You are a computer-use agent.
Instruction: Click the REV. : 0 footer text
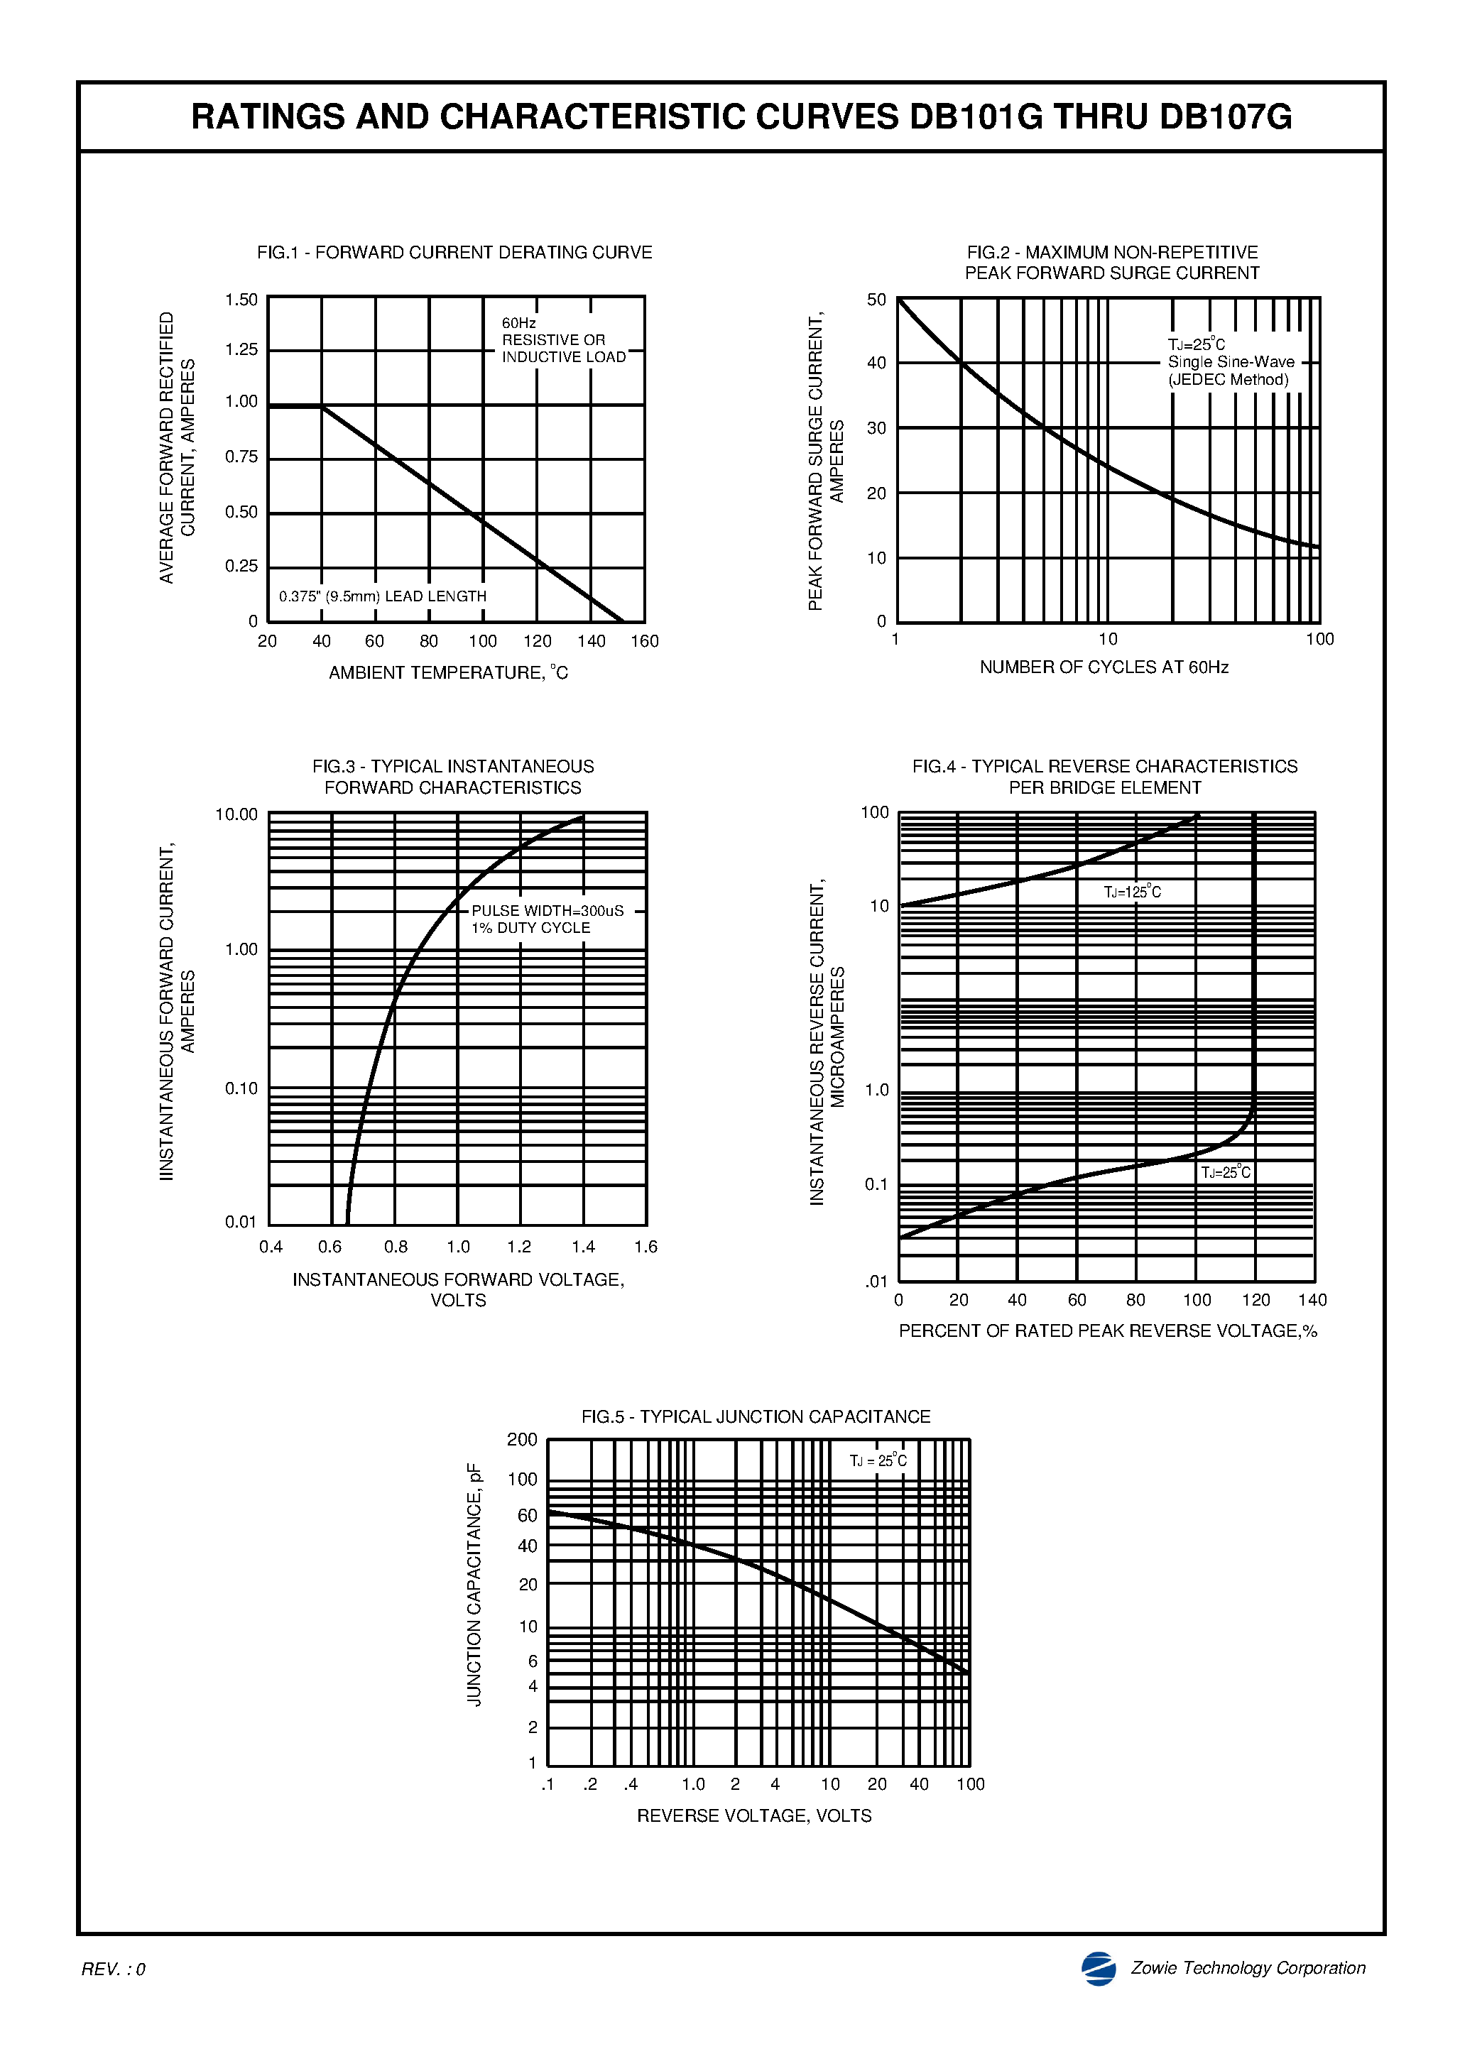(x=113, y=1969)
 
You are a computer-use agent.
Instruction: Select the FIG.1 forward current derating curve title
(x=454, y=253)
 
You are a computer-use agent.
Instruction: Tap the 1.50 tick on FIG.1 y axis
(x=241, y=300)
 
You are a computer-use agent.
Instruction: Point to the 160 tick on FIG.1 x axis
(x=644, y=641)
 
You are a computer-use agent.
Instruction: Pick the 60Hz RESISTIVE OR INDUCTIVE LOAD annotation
(x=563, y=340)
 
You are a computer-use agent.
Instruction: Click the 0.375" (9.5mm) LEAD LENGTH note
(x=383, y=596)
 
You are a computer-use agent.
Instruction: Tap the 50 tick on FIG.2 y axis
(x=876, y=300)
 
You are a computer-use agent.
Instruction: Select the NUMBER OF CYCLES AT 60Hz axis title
(x=1104, y=667)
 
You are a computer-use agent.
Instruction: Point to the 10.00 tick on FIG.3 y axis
(x=236, y=814)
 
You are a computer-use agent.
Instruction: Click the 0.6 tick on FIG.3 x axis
(x=330, y=1247)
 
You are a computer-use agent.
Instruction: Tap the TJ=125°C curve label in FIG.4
(x=1133, y=892)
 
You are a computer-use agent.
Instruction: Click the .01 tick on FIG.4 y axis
(x=876, y=1281)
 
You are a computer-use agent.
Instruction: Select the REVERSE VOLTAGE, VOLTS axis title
(x=753, y=1815)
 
